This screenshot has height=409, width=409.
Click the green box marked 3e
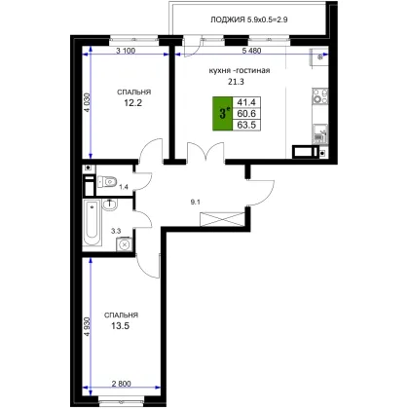click(223, 114)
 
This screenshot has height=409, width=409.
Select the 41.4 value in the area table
click(246, 102)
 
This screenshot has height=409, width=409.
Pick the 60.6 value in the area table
click(246, 114)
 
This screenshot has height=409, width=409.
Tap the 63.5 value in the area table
click(246, 125)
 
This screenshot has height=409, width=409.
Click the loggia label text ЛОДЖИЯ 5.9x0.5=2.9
click(249, 19)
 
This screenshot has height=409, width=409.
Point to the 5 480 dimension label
click(251, 51)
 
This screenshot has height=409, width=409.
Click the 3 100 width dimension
click(126, 51)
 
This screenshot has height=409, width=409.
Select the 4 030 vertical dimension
click(87, 102)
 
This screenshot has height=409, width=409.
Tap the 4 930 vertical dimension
click(87, 326)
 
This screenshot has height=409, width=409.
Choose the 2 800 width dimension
click(122, 384)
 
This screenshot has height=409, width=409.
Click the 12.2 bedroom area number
click(133, 103)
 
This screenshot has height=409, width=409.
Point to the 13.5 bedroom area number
click(121, 326)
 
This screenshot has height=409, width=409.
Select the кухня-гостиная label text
click(240, 70)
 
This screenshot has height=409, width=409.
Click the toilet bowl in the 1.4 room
click(107, 182)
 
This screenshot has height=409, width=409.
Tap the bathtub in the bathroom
click(92, 224)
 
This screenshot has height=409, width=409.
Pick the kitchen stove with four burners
click(320, 96)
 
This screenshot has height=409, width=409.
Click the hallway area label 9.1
click(195, 202)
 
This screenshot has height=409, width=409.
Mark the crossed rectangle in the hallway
click(222, 219)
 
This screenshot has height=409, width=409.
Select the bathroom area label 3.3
click(116, 231)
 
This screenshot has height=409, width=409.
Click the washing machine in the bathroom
click(124, 244)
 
